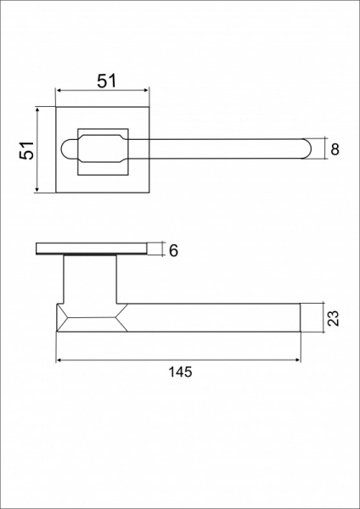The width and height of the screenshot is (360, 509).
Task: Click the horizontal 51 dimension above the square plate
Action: click(x=105, y=81)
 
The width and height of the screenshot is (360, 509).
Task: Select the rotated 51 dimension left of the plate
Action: click(x=27, y=150)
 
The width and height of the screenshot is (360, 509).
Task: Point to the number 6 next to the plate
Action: click(x=173, y=250)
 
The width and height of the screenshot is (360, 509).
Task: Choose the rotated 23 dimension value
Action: click(x=333, y=318)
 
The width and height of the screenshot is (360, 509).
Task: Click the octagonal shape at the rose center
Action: click(x=104, y=149)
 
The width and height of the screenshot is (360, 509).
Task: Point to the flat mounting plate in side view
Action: click(x=91, y=249)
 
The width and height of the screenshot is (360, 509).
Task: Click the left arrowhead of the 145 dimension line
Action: click(x=59, y=361)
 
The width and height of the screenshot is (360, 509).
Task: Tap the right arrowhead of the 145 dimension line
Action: click(x=299, y=361)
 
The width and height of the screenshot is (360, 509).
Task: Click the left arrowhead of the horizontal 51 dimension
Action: click(x=59, y=90)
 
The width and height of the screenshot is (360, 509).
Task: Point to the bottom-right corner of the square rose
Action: click(x=149, y=193)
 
